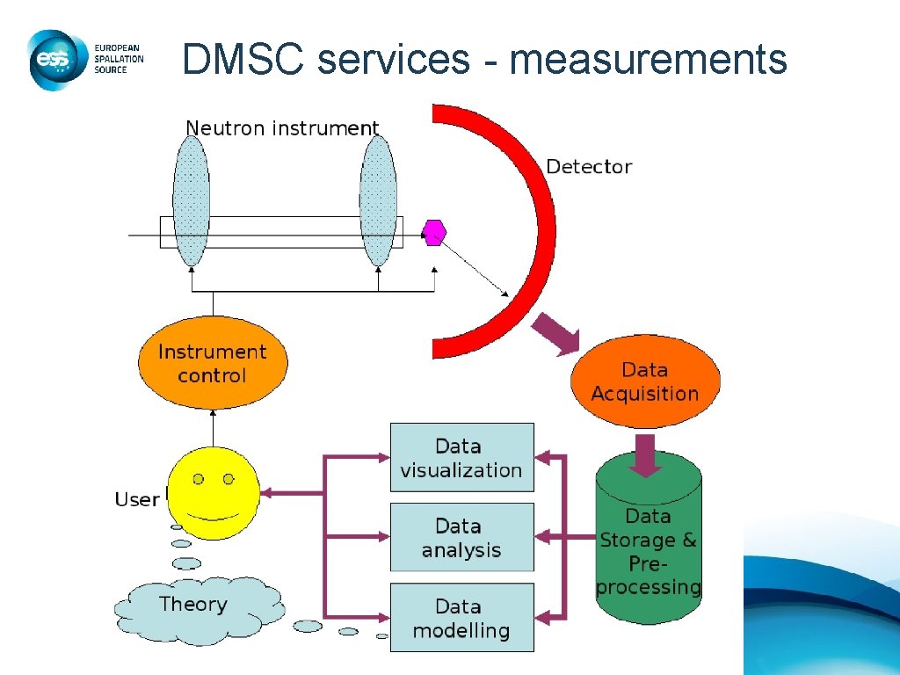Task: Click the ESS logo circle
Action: [55, 59]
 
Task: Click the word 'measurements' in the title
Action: [648, 60]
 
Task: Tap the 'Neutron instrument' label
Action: [282, 128]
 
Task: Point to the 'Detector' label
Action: [589, 166]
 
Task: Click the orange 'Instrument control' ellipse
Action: [213, 363]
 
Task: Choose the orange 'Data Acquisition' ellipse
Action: [644, 381]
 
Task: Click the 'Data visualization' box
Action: [461, 458]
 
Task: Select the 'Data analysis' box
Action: [461, 538]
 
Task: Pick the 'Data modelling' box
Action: [461, 618]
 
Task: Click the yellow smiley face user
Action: [214, 492]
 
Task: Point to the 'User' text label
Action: [137, 499]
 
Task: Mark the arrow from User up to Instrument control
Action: [213, 427]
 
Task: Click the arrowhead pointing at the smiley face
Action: [267, 493]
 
